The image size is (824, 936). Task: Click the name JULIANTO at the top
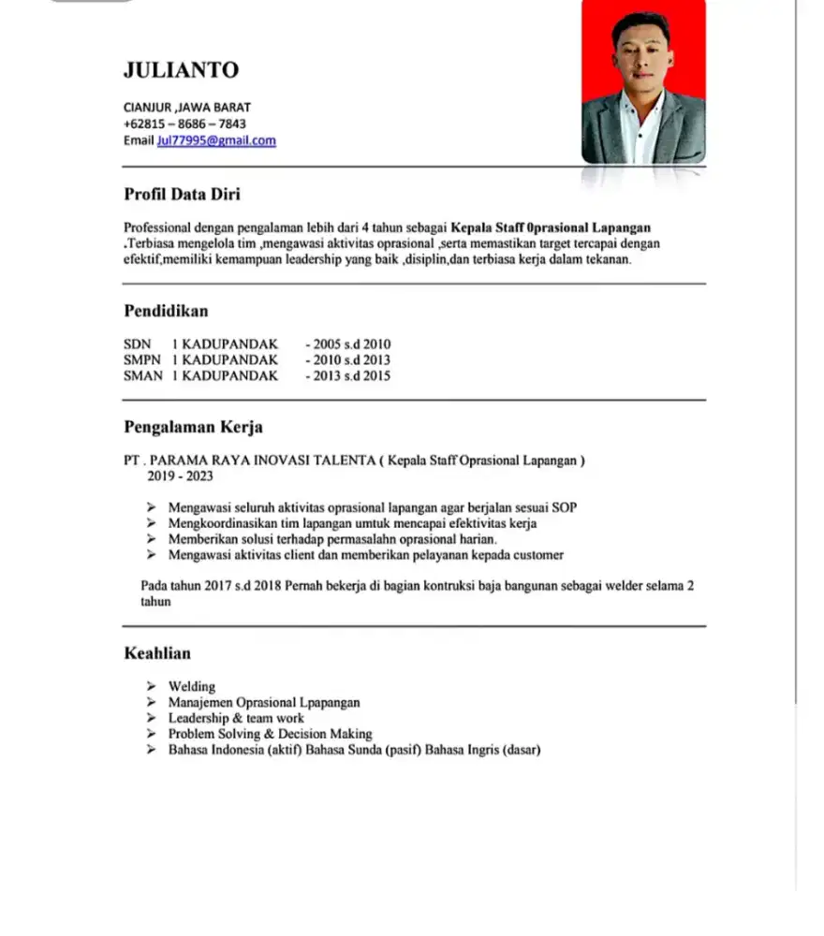click(x=182, y=70)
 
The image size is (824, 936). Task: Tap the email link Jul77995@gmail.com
click(x=216, y=140)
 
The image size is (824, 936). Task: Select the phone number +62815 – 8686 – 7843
click(x=184, y=124)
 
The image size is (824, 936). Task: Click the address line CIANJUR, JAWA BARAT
click(x=187, y=107)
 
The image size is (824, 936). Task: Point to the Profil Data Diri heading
click(x=182, y=194)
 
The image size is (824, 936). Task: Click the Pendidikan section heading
click(x=166, y=311)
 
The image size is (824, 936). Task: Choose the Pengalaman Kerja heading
click(x=193, y=427)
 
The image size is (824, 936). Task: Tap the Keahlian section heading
click(x=157, y=652)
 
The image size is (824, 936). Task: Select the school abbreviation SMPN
click(x=142, y=359)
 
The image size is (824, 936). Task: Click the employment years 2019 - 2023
click(x=180, y=476)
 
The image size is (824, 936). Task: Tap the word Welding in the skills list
click(x=192, y=686)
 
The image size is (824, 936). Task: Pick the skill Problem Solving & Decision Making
click(x=270, y=734)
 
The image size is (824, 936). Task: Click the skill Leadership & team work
click(x=236, y=718)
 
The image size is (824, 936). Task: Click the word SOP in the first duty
click(x=565, y=507)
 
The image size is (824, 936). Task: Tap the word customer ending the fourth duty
click(x=538, y=555)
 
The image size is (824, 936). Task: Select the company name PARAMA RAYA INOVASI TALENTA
click(x=262, y=461)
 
